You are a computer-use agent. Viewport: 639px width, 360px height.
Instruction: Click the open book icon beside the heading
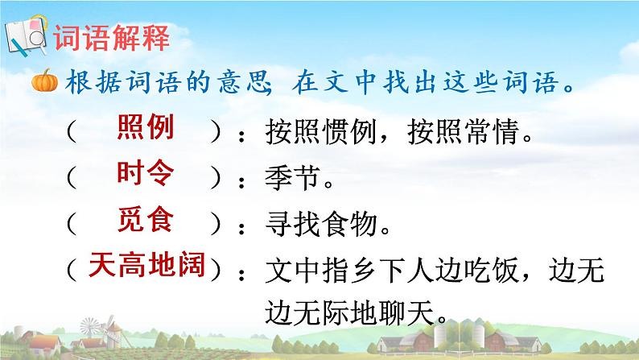click(x=26, y=37)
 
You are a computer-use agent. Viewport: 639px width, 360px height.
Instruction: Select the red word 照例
click(x=146, y=128)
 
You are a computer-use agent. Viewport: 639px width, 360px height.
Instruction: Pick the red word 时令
click(x=146, y=173)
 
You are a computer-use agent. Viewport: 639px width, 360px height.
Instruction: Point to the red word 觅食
click(x=146, y=218)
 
